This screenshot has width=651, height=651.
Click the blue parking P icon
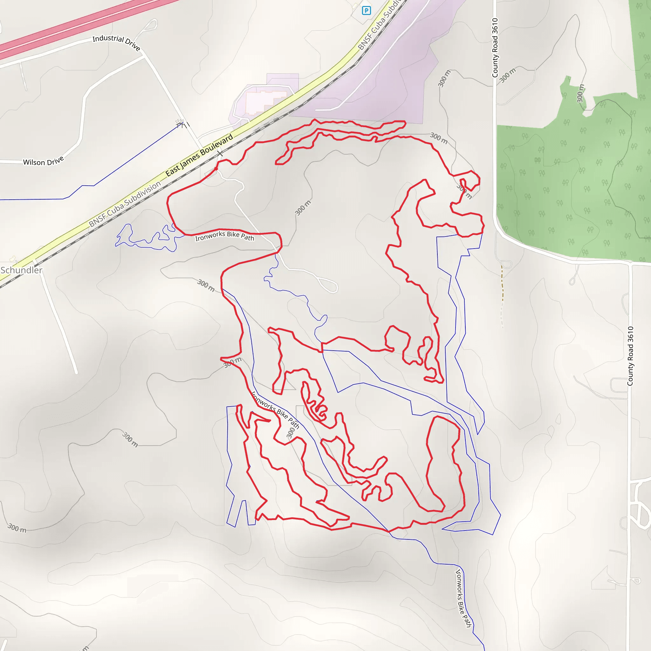coord(366,11)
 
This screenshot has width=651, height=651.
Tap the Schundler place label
coord(22,270)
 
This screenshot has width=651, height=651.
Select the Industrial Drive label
coord(116,43)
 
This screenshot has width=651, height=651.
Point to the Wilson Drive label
coord(43,161)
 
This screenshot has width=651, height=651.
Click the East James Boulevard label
coord(199,155)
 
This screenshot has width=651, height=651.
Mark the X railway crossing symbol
coord(220,154)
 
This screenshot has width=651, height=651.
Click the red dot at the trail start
coord(216,169)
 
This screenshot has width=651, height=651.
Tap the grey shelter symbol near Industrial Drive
coord(180,122)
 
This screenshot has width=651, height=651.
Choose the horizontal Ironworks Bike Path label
coord(224,236)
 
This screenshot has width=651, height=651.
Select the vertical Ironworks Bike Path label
coord(463,598)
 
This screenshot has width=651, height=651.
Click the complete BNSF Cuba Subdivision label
coord(125,204)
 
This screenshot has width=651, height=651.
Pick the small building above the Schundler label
coord(13,259)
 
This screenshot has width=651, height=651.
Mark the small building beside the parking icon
coord(355,6)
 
